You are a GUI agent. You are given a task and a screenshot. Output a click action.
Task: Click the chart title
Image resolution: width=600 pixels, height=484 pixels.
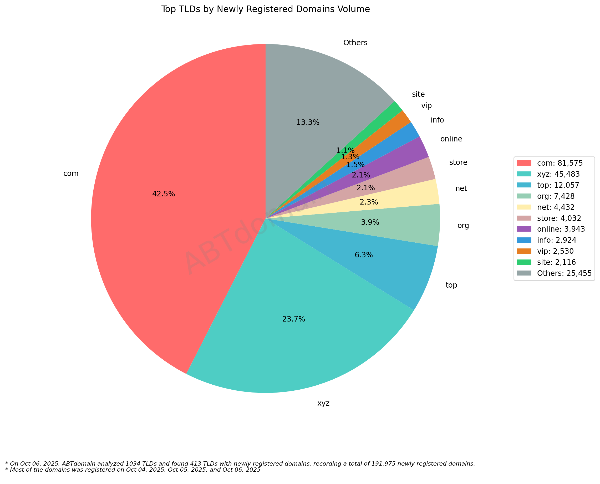coord(266,9)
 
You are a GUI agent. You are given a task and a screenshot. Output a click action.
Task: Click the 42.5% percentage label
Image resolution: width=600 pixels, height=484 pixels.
coord(163,194)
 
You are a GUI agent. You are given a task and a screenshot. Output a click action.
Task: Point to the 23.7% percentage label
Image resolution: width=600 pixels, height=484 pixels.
coord(294,319)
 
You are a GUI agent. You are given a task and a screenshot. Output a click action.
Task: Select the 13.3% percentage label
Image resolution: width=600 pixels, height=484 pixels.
coord(308,123)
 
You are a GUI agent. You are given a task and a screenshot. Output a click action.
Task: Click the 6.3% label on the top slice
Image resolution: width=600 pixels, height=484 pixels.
coord(364,255)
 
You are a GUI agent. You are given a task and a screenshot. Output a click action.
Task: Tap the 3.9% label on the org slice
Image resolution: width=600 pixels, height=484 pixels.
coord(370,222)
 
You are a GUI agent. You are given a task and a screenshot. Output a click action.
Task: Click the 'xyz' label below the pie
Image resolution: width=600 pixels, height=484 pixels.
coord(323,403)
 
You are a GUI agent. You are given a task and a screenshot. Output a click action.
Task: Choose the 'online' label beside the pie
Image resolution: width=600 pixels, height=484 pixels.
coord(451,139)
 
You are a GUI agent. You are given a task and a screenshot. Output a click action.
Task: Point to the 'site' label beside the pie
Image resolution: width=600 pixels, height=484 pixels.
coord(418,94)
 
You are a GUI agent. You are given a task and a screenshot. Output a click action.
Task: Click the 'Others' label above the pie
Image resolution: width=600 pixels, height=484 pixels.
coord(355,43)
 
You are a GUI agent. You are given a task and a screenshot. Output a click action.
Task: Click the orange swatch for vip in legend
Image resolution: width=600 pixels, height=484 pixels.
coord(524,251)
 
